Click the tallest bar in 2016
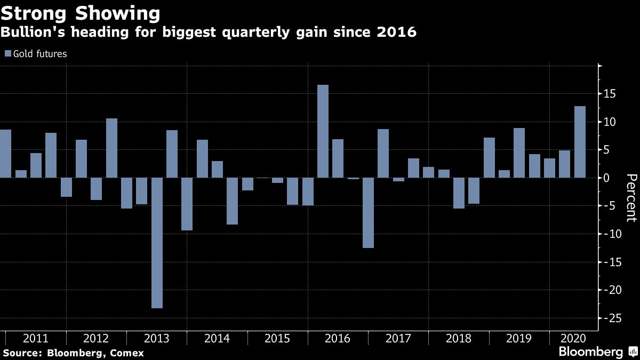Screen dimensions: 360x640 tap(323, 131)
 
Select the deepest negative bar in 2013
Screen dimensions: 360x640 tap(157, 243)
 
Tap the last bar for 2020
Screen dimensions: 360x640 tap(580, 142)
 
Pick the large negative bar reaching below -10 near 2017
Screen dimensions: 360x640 tap(368, 213)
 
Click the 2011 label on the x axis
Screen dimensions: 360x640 tap(36, 338)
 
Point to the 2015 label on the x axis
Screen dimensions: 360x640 tap(277, 338)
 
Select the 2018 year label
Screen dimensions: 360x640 tap(459, 338)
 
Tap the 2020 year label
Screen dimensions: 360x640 tap(573, 338)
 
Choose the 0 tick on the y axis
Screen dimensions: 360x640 tap(607, 178)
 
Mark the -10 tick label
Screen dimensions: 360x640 tap(610, 234)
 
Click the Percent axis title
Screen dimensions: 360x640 tap(631, 198)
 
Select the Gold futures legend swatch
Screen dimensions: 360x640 tap(7, 53)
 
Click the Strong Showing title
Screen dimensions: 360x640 tap(80, 13)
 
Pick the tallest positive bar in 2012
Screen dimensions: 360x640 tap(111, 148)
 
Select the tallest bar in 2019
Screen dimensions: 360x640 tap(519, 153)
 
